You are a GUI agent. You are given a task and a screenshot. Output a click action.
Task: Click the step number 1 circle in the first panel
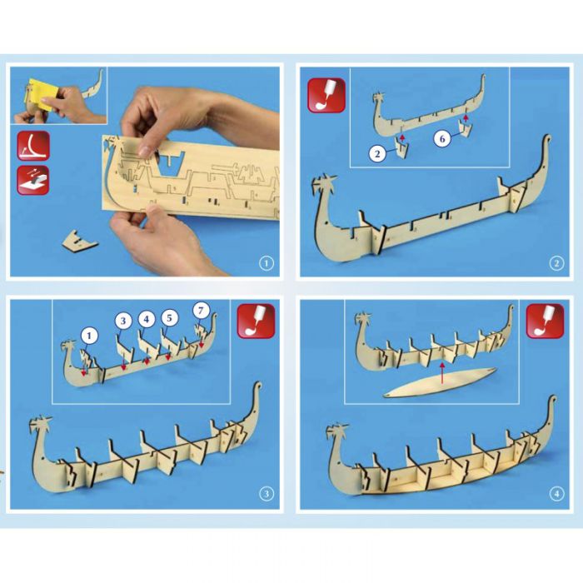pyautogui.click(x=267, y=264)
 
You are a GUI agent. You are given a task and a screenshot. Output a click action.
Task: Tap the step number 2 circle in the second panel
pyautogui.click(x=556, y=264)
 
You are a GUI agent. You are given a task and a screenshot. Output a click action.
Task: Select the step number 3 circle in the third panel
pyautogui.click(x=267, y=494)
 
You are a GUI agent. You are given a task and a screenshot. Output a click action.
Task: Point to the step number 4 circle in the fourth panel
pyautogui.click(x=556, y=494)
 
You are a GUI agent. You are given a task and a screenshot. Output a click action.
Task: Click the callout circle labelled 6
pyautogui.click(x=442, y=139)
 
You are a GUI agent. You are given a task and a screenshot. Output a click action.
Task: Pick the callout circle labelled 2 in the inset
pyautogui.click(x=378, y=153)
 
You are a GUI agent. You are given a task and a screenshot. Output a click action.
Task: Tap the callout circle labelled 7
pyautogui.click(x=202, y=310)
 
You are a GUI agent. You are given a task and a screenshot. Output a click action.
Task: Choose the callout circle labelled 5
pyautogui.click(x=170, y=318)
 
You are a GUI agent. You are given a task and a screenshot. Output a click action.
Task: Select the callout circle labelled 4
pyautogui.click(x=147, y=319)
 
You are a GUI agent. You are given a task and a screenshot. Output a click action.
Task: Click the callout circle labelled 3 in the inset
pyautogui.click(x=123, y=321)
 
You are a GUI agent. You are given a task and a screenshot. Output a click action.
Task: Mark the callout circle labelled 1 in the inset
pyautogui.click(x=89, y=336)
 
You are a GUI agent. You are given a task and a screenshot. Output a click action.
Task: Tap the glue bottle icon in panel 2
pyautogui.click(x=326, y=94)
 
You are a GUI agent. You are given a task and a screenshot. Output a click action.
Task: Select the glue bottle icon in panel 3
pyautogui.click(x=257, y=321)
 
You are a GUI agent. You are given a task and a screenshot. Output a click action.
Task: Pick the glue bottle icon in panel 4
pyautogui.click(x=545, y=321)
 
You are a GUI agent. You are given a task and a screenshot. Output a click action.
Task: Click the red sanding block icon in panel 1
pyautogui.click(x=33, y=180)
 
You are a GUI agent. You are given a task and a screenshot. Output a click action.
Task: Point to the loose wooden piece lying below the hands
pyautogui.click(x=79, y=242)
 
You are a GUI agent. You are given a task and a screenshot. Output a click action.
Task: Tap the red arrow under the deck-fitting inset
pyautogui.click(x=441, y=373)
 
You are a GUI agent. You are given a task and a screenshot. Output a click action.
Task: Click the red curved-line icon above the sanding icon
pyautogui.click(x=33, y=146)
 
